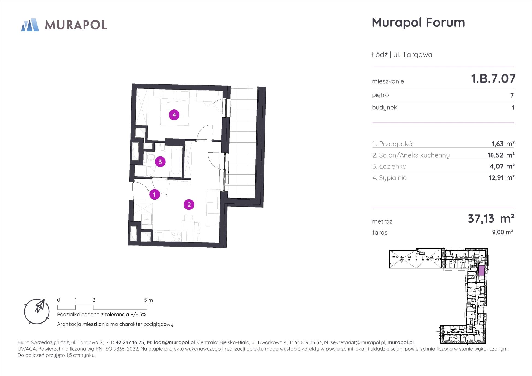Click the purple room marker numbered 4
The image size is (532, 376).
[x=174, y=115]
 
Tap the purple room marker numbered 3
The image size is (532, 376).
[x=160, y=162]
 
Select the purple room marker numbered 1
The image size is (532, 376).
[x=155, y=194]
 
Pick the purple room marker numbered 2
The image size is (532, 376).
[x=189, y=205]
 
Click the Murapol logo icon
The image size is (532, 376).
[x=30, y=25]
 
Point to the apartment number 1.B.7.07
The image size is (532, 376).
[x=493, y=79]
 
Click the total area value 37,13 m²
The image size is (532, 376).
[x=491, y=219]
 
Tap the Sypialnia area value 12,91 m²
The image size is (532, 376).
[x=501, y=178]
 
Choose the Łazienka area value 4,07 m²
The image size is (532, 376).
[x=503, y=166]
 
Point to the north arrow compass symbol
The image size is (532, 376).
[x=37, y=312]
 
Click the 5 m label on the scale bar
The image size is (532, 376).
[x=149, y=300]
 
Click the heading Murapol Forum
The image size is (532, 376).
[x=418, y=22]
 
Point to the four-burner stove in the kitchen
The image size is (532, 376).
[x=176, y=236]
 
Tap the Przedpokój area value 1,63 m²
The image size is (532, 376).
[x=503, y=144]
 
